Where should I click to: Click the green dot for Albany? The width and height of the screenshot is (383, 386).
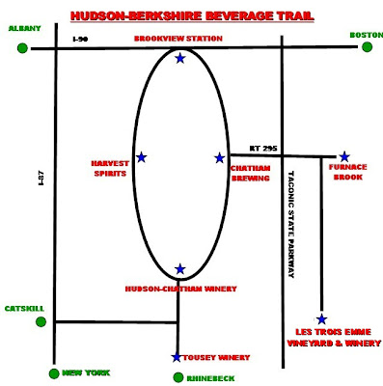22,48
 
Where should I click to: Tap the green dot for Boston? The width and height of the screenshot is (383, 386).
367,47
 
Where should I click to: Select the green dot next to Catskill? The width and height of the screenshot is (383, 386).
41,321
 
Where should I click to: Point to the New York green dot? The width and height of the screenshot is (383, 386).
54,373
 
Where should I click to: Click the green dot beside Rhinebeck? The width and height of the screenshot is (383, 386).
178,377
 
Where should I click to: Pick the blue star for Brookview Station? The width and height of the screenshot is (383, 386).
180,58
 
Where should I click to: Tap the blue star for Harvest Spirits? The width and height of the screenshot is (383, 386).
142,157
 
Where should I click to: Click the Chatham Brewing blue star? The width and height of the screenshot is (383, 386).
220,158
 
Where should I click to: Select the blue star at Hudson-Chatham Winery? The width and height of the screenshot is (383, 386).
180,269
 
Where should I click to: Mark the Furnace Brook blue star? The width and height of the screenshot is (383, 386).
344,156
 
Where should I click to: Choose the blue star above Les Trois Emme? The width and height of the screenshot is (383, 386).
321,319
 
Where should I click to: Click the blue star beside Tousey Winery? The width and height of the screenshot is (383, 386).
177,357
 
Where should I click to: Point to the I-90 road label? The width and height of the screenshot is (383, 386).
80,40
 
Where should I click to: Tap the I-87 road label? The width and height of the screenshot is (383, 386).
41,179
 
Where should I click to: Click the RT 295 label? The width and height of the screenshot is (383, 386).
263,149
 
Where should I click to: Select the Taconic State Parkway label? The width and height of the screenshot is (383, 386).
290,224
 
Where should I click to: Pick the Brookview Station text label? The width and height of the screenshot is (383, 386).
178,39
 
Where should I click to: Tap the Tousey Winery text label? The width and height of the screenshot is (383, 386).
216,357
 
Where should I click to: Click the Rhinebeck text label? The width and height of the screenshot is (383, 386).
210,378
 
